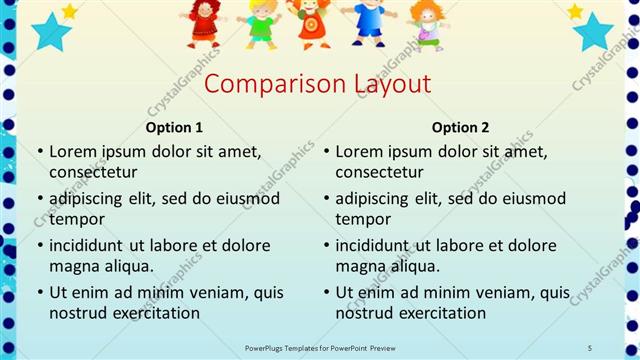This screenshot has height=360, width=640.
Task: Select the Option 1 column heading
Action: coord(174,127)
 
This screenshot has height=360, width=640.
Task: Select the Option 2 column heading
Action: coord(461,127)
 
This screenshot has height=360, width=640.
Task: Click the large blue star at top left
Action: coord(50,31)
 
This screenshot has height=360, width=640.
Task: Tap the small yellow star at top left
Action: coord(69,11)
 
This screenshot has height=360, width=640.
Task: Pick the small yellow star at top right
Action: coord(575,11)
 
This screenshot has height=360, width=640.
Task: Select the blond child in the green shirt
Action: coord(261,24)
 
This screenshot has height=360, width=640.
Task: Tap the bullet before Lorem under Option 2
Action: coord(326,152)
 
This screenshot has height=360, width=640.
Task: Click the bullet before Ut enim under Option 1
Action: coord(40,293)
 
